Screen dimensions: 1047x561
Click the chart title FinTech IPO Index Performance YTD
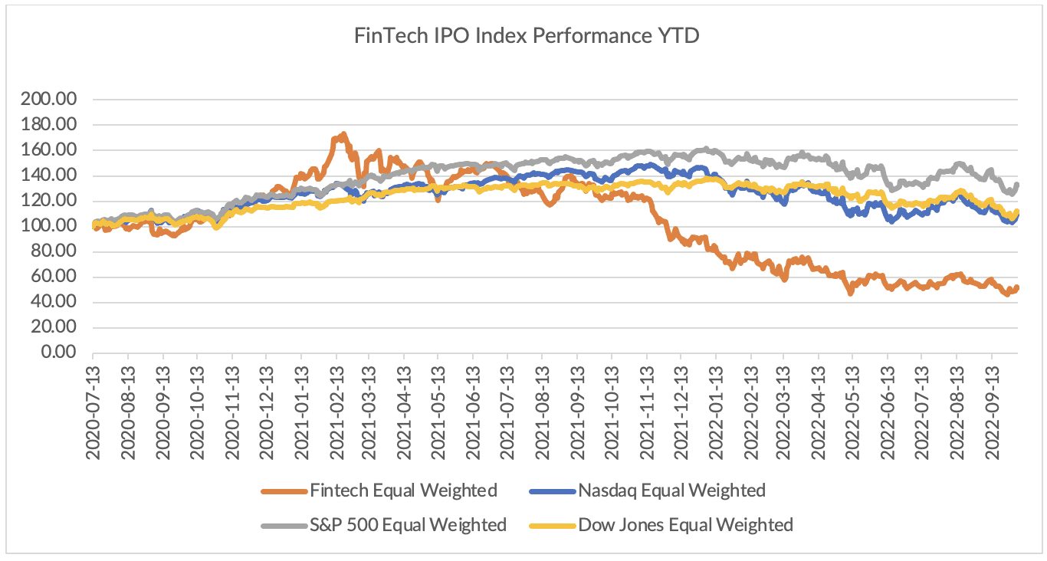pyautogui.click(x=527, y=35)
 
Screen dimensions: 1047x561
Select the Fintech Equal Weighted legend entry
pyautogui.click(x=379, y=490)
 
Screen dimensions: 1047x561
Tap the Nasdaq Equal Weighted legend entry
pyautogui.click(x=648, y=490)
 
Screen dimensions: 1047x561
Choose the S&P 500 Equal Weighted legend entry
pyautogui.click(x=384, y=524)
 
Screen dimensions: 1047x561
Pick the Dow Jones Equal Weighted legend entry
pyautogui.click(x=661, y=524)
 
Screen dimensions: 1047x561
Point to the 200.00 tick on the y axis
pyautogui.click(x=48, y=99)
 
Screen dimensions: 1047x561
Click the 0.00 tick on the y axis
pyautogui.click(x=59, y=352)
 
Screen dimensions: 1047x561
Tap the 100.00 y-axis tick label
pyautogui.click(x=48, y=225)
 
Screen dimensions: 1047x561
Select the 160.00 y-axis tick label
pyautogui.click(x=48, y=149)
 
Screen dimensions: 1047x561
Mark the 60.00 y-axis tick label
pyautogui.click(x=54, y=276)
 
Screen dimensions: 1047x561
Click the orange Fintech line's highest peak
pyautogui.click(x=344, y=134)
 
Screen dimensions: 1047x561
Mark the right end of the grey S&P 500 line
pyautogui.click(x=1017, y=184)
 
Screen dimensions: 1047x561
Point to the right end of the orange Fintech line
pyautogui.click(x=1017, y=288)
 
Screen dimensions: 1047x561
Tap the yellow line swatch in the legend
pyautogui.click(x=552, y=526)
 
